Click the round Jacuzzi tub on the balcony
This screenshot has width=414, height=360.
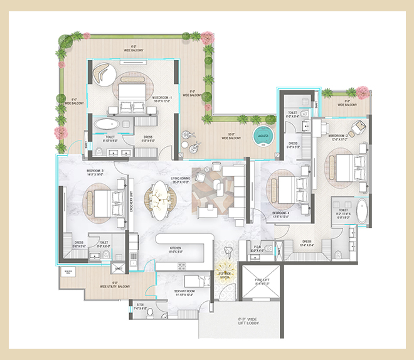click(261, 136)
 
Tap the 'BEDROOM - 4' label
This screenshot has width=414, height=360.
click(281, 213)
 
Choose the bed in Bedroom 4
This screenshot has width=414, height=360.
click(286, 188)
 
